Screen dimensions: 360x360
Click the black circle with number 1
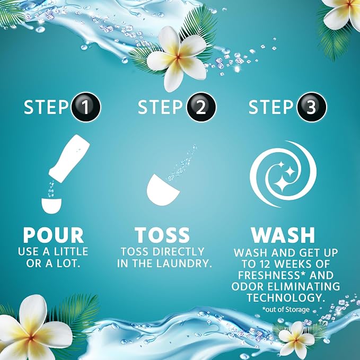point(86,107)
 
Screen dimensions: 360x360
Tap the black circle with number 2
point(201,107)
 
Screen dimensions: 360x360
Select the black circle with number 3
point(312,107)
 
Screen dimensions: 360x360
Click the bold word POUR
point(54,235)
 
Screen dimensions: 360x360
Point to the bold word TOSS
point(162,235)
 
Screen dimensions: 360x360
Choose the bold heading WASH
point(283,235)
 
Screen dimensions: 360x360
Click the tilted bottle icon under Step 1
point(69,159)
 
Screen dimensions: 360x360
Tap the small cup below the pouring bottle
point(51,206)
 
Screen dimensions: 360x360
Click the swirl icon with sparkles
point(283,174)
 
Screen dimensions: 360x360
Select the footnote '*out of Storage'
point(286,310)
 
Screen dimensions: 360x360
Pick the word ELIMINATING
point(304,286)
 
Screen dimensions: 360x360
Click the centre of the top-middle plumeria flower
point(178,57)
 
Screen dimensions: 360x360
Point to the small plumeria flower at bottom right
point(296,339)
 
